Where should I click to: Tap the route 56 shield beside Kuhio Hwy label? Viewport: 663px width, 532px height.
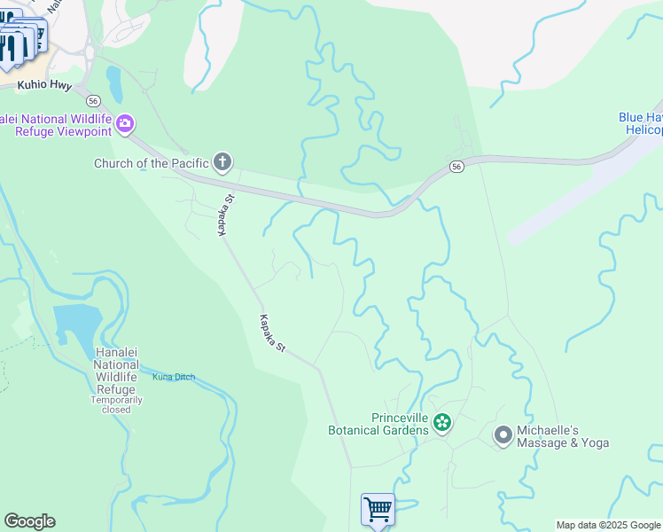92,99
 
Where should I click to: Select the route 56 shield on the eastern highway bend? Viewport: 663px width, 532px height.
456,167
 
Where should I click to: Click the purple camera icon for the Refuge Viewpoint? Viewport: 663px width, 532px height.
126,122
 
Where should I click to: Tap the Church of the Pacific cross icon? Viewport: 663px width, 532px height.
222,162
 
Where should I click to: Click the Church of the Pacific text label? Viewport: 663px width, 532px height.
152,163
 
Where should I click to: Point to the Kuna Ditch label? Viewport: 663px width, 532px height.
173,378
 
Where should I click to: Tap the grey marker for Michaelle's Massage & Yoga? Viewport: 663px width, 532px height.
503,434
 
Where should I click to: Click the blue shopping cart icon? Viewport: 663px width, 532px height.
378,510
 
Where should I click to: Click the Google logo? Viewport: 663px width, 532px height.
29,521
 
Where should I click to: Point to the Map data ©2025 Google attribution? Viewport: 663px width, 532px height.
607,525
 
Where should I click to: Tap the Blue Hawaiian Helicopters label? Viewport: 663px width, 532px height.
640,123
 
